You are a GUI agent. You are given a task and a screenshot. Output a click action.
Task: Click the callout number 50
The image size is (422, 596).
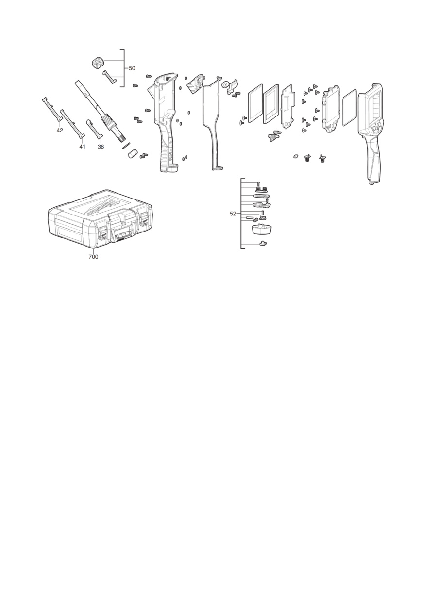coord(132,68)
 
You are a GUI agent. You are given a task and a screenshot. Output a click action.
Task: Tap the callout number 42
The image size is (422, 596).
coord(60,130)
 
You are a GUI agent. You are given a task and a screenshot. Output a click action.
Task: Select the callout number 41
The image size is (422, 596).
coord(82,147)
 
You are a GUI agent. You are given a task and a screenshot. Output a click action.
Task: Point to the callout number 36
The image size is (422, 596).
coord(101,147)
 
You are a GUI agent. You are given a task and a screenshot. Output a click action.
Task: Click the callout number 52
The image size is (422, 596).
coord(233,214)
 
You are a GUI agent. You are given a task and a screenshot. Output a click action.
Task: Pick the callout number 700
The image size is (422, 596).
coord(93,257)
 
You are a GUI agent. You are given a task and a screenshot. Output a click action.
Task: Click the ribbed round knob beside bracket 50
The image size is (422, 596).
coord(97,63)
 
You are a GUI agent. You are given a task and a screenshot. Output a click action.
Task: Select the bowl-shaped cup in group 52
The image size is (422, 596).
coord(262,229)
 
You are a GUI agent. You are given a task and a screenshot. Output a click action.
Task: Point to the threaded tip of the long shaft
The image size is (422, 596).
coord(120,137)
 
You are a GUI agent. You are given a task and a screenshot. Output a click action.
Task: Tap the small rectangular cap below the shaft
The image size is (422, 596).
coord(133,154)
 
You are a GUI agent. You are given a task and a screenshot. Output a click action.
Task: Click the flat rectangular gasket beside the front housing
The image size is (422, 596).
coord(349,107)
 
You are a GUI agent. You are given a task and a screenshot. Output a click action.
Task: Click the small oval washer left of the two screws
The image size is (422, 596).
coord(295,156)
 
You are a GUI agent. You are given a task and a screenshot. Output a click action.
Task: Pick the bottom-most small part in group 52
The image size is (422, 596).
coord(263,243)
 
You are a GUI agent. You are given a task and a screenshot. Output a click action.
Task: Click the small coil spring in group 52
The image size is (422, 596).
coord(255,220)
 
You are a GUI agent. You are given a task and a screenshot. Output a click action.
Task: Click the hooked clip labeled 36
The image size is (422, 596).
coord(94,129)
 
